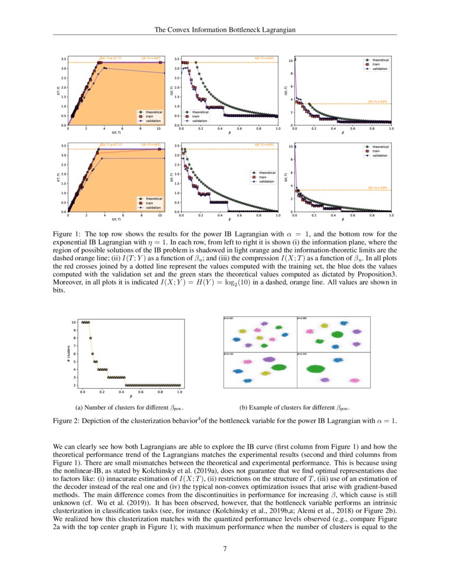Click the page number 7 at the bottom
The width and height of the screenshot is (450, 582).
click(x=225, y=549)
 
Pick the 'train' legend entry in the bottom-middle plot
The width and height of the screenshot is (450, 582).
click(x=264, y=177)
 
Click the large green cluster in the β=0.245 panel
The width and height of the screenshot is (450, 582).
click(x=316, y=369)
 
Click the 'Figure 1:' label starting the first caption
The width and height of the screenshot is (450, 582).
click(x=68, y=233)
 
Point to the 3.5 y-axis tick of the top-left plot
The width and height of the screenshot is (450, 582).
click(x=63, y=59)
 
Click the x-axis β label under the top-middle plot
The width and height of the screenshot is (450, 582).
click(x=230, y=133)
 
